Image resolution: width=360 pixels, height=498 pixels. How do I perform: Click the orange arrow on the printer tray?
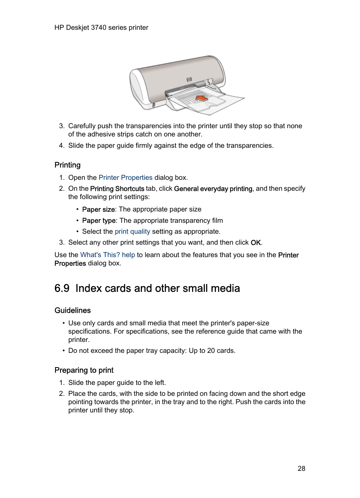point(202,98)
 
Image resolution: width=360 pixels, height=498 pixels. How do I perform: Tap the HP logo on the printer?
point(189,79)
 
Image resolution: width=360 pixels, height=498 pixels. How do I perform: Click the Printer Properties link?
point(125,178)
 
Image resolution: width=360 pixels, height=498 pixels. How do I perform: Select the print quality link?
point(132,231)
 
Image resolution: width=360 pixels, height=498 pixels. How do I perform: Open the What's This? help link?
point(108,255)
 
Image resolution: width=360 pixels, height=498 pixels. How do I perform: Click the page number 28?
point(301,468)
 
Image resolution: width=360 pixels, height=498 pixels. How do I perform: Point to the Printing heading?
point(68,165)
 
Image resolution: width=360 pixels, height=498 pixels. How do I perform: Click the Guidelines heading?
point(72,310)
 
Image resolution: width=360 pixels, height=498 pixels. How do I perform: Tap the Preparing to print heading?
point(84,370)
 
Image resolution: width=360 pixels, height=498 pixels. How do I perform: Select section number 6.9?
point(62,288)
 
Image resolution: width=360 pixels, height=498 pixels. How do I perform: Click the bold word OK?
point(256,242)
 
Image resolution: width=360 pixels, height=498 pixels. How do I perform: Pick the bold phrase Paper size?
point(98,209)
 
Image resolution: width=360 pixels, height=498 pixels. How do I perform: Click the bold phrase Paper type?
point(99,221)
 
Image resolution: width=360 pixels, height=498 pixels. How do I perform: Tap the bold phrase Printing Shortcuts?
point(117,188)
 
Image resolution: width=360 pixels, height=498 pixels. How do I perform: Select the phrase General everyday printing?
point(213,188)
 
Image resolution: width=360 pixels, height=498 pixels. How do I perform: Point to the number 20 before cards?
point(211,351)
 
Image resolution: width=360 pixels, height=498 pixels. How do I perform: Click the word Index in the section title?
point(89,288)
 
